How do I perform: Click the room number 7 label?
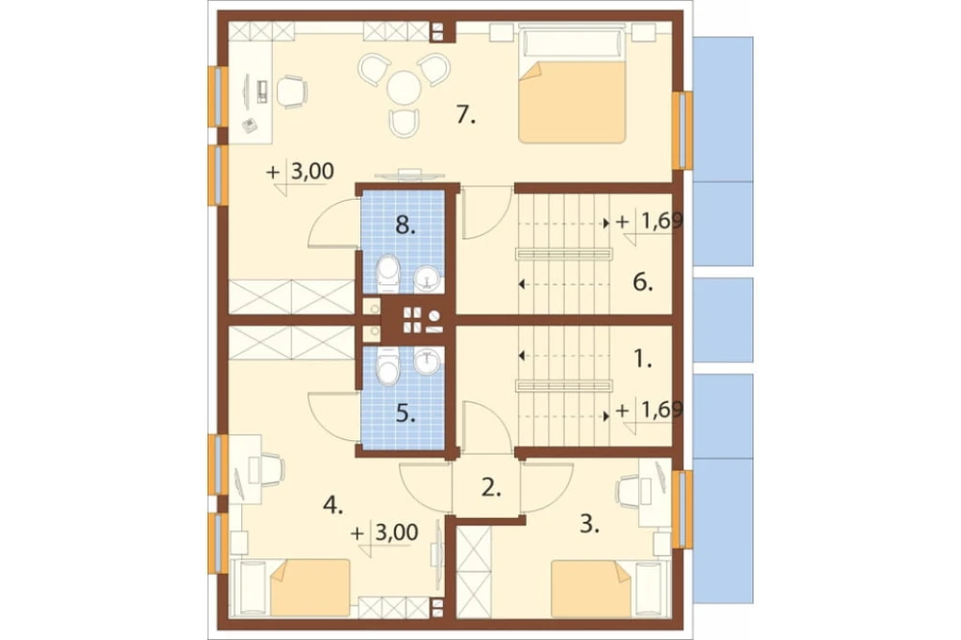pyautogui.click(x=466, y=114)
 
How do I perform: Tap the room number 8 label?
pyautogui.click(x=404, y=225)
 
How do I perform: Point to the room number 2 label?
pyautogui.click(x=491, y=487)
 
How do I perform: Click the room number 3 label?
pyautogui.click(x=589, y=525)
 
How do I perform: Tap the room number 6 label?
pyautogui.click(x=643, y=283)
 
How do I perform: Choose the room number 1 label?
pyautogui.click(x=642, y=359)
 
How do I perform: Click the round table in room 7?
pyautogui.click(x=404, y=87)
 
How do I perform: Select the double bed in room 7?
pyautogui.click(x=573, y=84)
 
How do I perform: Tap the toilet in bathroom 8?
pyautogui.click(x=387, y=274)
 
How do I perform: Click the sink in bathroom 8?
pyautogui.click(x=427, y=279)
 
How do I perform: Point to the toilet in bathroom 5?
pyautogui.click(x=387, y=366)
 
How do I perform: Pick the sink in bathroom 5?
pyautogui.click(x=427, y=361)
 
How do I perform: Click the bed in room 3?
pyautogui.click(x=605, y=588)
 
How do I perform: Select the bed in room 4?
pyautogui.click(x=290, y=588)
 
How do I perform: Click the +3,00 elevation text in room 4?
pyautogui.click(x=385, y=532)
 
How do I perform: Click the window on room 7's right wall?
pyautogui.click(x=682, y=130)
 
